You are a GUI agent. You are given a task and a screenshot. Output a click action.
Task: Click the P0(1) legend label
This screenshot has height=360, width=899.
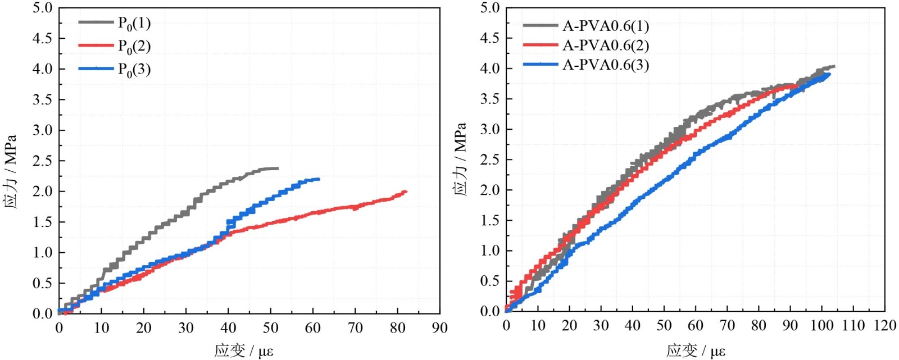pos(134,23)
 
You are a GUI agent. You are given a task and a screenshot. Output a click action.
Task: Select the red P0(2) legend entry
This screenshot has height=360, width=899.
pos(134,46)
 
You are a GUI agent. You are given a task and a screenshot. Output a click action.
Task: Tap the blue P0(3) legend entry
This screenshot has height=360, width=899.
pos(134,69)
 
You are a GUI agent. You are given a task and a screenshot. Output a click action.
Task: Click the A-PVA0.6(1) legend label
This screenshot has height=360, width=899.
pos(606,26)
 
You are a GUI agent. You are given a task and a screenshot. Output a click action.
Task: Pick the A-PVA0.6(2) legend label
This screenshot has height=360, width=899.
pos(606,45)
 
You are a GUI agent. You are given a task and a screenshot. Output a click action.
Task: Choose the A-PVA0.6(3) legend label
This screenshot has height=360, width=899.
pos(606,65)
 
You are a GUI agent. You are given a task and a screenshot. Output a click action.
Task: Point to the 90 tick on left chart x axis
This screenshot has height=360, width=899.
pos(439,327)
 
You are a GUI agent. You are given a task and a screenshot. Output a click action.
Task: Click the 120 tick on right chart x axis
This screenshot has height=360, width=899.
pos(885,325)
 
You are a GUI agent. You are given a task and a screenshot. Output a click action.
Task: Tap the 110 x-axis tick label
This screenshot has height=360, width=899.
pos(853,325)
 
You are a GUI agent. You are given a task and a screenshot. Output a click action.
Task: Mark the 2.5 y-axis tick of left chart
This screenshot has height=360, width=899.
pos(42,161)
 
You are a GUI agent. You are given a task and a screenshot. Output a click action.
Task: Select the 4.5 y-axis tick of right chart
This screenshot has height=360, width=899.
pos(489,38)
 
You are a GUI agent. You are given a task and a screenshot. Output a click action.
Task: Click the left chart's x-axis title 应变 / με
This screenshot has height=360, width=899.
pos(243,351)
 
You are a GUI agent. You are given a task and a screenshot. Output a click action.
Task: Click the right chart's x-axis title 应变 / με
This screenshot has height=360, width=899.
pos(696,351)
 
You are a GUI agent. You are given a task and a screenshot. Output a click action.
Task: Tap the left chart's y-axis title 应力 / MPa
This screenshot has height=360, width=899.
pos(11,171)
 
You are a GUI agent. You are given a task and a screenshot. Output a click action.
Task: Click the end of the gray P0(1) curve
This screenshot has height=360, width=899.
pos(278,168)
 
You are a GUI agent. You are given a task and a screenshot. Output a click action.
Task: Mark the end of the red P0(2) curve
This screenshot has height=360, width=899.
pos(405,192)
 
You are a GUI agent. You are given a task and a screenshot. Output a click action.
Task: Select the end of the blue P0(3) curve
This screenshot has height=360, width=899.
pos(319,179)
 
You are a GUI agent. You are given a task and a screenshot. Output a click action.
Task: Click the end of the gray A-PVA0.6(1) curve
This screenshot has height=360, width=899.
pos(834,66)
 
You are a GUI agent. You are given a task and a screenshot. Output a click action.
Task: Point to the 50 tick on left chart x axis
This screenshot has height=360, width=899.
pos(270,327)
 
